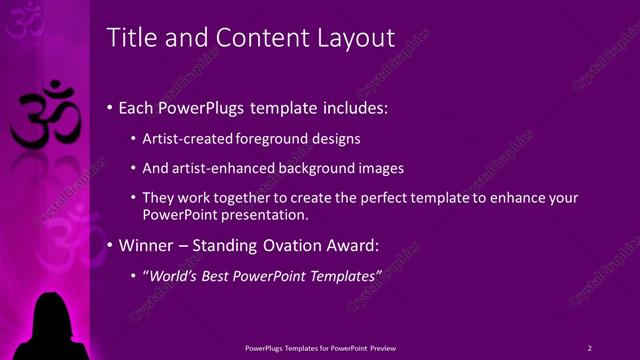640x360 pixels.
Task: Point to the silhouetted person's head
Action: click(50, 309)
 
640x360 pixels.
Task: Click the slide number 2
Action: click(590, 347)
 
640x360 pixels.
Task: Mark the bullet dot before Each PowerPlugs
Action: click(109, 107)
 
